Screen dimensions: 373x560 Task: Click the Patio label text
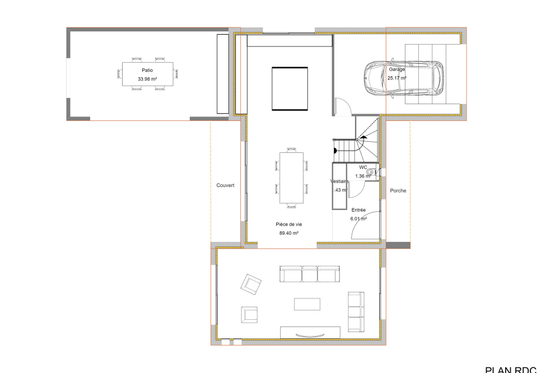[x=147, y=71]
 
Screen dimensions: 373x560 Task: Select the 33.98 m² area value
[x=147, y=80]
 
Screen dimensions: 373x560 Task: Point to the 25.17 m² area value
[x=396, y=78]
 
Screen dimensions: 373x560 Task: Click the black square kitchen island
[x=290, y=88]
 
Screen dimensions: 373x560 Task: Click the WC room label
[x=363, y=167]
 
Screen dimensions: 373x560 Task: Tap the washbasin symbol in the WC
[x=370, y=174]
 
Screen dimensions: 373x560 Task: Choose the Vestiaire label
[x=339, y=181]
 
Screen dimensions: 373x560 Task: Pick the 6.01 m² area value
[x=359, y=219]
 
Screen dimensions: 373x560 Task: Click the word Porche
[x=398, y=191]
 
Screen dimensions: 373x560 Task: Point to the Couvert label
[x=225, y=185]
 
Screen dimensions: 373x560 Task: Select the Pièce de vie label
[x=288, y=223]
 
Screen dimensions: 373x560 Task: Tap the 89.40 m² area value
[x=288, y=233]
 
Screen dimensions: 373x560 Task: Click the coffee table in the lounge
[x=307, y=304]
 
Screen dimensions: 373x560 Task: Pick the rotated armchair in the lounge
[x=251, y=285]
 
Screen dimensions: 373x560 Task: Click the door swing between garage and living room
[x=342, y=106]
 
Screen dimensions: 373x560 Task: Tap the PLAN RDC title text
[x=510, y=369]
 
